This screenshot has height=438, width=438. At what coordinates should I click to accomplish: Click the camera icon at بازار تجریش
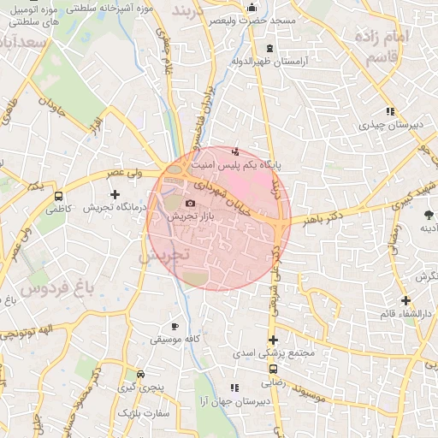190,203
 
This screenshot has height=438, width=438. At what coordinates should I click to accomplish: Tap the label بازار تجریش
190,217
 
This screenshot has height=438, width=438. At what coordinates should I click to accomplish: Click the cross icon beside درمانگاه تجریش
115,195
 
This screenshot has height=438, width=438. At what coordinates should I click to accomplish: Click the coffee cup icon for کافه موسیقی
175,326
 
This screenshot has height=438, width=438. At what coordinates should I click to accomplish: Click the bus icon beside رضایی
273,370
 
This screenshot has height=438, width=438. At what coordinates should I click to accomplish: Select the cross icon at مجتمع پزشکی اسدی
273,340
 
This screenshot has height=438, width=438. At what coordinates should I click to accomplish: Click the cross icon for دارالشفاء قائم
405,300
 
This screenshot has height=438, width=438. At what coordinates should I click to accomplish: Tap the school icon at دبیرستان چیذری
390,111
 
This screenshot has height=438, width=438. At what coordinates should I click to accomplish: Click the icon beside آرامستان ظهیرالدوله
270,48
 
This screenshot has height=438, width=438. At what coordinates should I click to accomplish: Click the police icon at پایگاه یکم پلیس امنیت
236,152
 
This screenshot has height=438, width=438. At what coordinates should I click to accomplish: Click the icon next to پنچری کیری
140,374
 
